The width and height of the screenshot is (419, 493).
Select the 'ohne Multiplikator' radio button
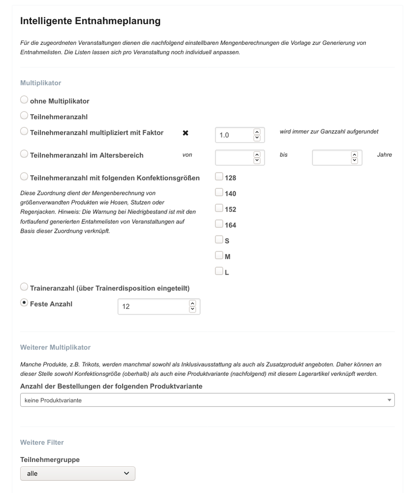tap(24, 100)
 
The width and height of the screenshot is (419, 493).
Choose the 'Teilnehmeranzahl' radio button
tap(24, 116)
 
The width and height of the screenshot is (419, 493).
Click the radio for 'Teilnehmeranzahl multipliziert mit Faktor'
tap(24, 132)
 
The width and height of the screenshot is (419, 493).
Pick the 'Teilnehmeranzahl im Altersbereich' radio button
tap(24, 154)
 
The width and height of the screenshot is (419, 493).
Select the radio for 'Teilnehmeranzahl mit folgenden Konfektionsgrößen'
tap(24, 176)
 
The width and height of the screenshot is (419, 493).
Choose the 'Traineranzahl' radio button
tap(24, 287)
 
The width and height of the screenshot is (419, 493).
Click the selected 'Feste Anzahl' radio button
tap(24, 303)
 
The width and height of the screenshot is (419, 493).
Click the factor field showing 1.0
tap(234, 135)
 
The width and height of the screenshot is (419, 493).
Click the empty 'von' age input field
tap(234, 157)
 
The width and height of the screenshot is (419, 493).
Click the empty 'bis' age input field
tap(331, 157)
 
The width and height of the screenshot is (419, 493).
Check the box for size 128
tap(219, 177)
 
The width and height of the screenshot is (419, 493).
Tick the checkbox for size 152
tap(219, 209)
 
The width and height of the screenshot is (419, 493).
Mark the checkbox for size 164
tap(219, 224)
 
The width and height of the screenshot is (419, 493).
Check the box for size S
tap(219, 240)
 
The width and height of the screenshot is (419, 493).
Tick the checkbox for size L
tap(219, 271)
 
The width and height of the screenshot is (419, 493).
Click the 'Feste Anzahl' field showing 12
tap(153, 307)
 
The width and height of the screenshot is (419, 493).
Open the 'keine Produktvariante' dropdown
tap(207, 400)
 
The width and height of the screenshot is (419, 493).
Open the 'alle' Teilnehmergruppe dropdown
tap(77, 473)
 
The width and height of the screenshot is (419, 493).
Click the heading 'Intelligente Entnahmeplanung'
tap(90, 21)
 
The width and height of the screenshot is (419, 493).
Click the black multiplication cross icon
tap(186, 133)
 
